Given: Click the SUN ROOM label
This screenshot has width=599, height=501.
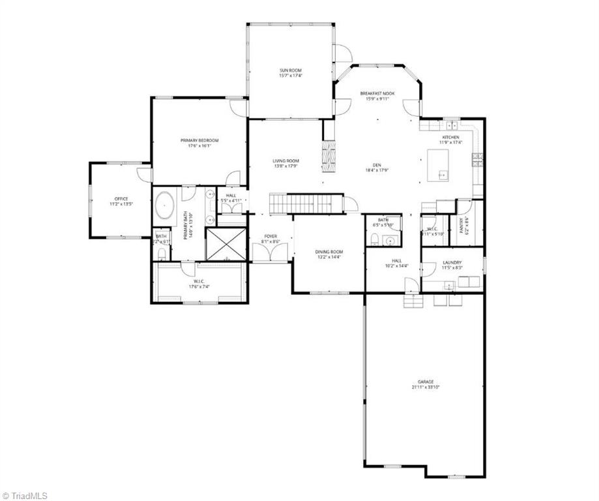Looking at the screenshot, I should [291, 70].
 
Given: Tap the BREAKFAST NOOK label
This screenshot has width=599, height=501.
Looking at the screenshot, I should [377, 93].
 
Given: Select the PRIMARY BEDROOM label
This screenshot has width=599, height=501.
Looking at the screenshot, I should [199, 140].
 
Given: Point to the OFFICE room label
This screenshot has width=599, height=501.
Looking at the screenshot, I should [121, 198].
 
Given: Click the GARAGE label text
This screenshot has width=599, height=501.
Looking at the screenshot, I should [426, 382].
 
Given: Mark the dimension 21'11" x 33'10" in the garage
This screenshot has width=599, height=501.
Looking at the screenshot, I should [426, 387].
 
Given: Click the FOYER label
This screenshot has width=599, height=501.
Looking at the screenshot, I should [271, 235].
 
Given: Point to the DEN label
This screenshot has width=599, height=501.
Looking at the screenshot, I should [376, 165].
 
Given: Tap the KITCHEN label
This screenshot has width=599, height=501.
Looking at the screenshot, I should [451, 137].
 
